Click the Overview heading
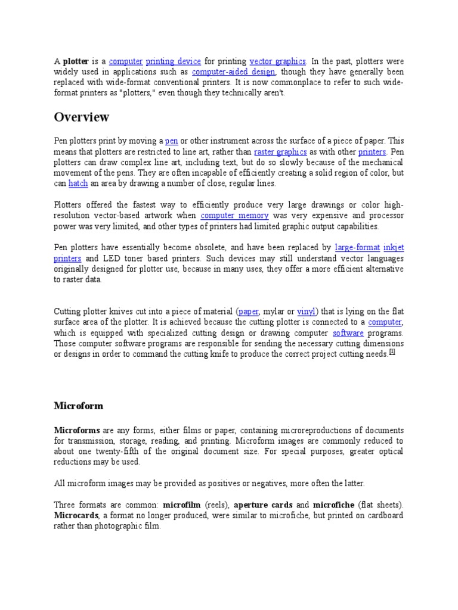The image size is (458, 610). tap(82, 117)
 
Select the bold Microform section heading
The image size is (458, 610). tap(79, 406)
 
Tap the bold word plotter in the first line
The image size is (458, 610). tap(76, 61)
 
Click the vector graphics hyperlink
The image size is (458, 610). tap(277, 61)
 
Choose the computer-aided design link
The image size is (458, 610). tap(233, 72)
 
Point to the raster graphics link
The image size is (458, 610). tap(280, 151)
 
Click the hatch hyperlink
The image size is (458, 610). tap(78, 183)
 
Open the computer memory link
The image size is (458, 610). tap(234, 216)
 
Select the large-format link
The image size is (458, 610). tap(357, 247)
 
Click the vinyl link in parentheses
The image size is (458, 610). tap(306, 312)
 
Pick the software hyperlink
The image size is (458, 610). tap(348, 333)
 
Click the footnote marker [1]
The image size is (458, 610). tap(392, 353)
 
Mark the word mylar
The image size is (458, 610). tap(273, 312)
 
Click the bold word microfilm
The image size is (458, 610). tap(182, 505)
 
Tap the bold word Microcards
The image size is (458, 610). tap(75, 516)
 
